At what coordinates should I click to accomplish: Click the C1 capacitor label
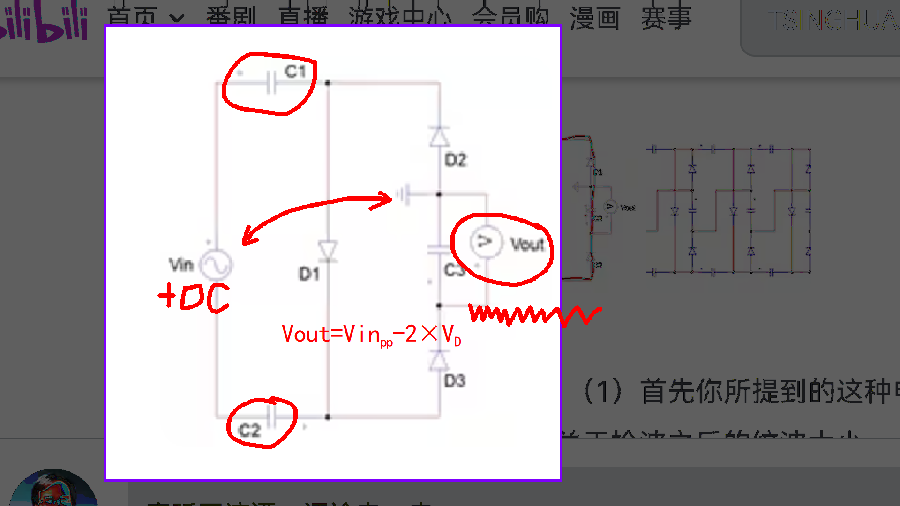[295, 72]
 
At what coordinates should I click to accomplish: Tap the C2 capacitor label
[249, 430]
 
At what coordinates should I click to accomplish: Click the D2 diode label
[456, 160]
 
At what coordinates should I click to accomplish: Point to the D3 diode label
[455, 381]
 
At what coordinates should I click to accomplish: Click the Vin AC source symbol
[216, 265]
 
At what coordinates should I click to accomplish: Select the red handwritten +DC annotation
[194, 297]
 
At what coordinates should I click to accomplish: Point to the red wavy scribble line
[534, 315]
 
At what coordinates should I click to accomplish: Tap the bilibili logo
[45, 23]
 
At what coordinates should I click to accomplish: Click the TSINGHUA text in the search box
[832, 21]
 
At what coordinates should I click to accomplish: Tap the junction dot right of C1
[328, 83]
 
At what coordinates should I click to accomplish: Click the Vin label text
[181, 265]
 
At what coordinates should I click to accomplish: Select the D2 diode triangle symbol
[439, 137]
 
